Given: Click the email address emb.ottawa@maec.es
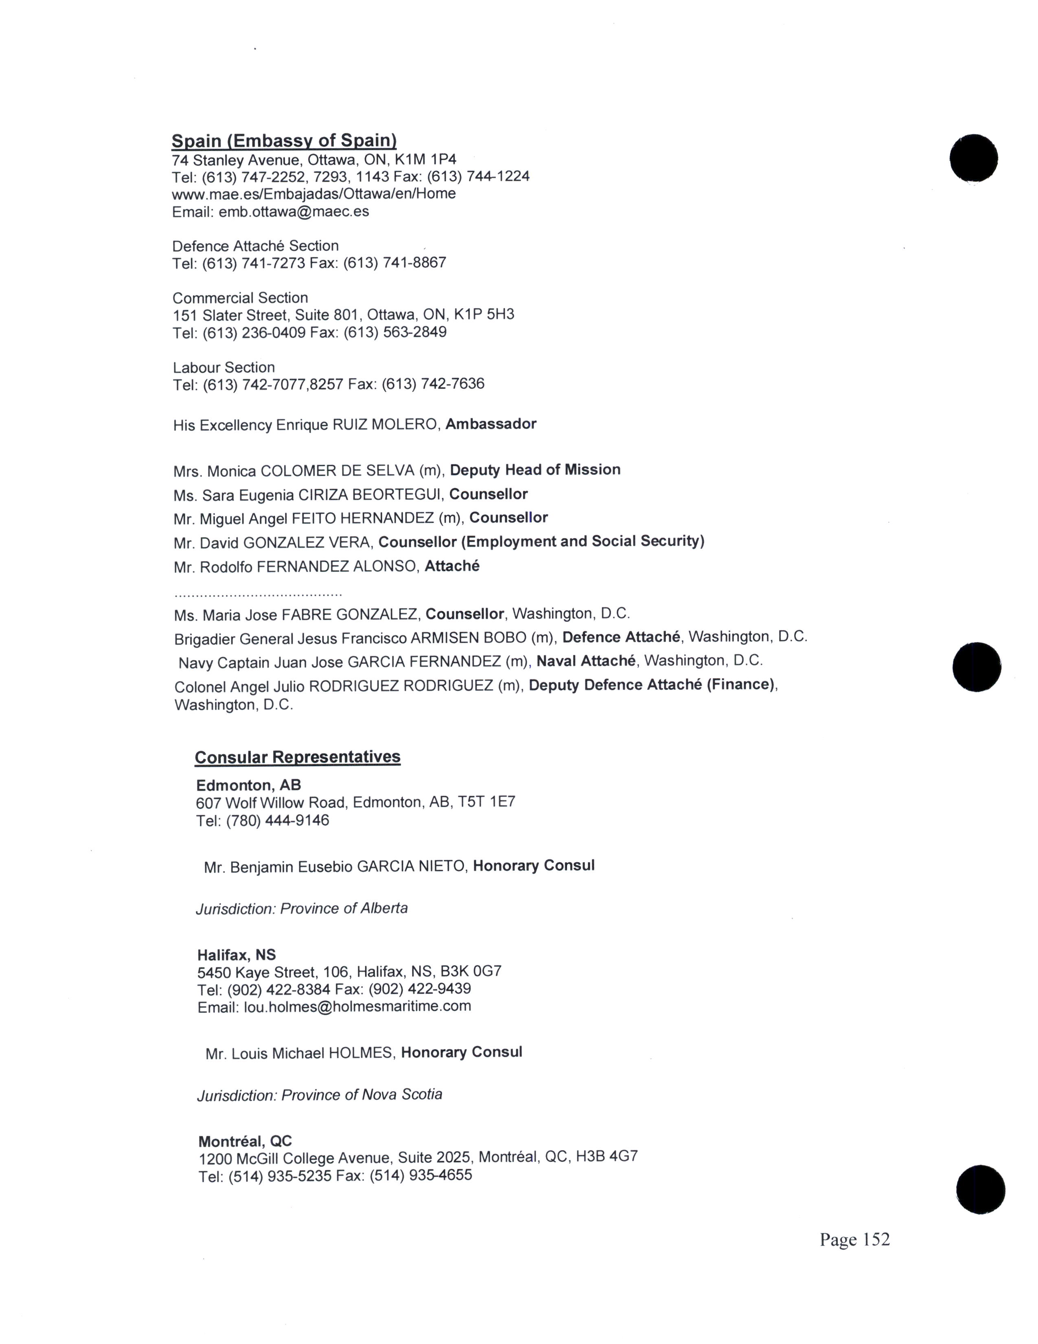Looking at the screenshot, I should (x=294, y=212).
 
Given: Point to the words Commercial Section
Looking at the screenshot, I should (x=240, y=298).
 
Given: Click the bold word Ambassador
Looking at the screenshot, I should (x=491, y=424).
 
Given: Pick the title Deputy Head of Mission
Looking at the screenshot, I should (x=535, y=470).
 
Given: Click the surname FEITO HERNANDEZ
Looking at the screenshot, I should (x=363, y=518).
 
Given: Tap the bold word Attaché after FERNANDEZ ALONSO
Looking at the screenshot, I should (x=452, y=566).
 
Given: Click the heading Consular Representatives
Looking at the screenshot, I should (x=298, y=757).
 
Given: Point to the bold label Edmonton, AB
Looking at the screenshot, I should (x=248, y=785).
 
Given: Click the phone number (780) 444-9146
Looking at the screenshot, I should (x=278, y=820).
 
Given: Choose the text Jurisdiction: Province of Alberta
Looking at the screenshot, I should (x=301, y=908).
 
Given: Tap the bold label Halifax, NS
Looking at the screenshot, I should (x=236, y=955).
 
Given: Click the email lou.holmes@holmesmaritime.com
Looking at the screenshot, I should (x=357, y=1007).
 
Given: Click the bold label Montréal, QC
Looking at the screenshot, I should (x=245, y=1142).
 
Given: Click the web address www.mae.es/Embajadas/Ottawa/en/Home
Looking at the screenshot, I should (x=313, y=194).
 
